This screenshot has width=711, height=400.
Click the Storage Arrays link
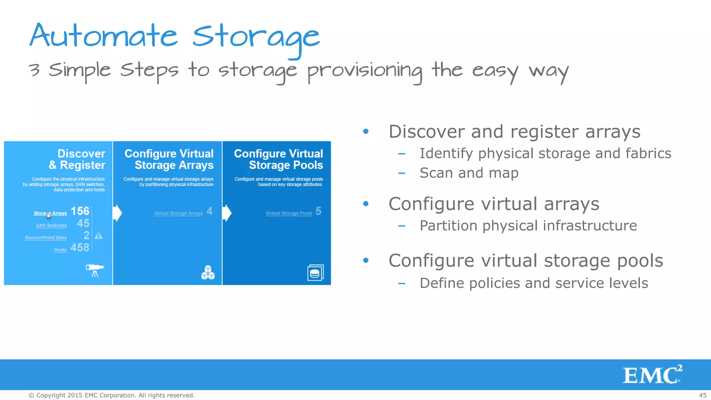click(x=50, y=213)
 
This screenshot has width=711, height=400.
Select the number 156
click(x=80, y=211)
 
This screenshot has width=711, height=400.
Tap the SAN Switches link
click(x=51, y=225)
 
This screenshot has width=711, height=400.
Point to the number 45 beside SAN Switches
click(x=83, y=223)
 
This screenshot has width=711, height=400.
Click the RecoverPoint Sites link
click(x=46, y=237)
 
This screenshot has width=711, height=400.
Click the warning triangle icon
click(x=99, y=236)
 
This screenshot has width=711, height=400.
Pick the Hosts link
click(x=60, y=250)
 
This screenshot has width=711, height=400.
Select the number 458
click(x=80, y=248)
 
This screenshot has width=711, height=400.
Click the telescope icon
click(x=95, y=270)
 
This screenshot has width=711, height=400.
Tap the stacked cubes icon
click(x=208, y=273)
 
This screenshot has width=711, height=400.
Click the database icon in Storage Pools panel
click(x=315, y=273)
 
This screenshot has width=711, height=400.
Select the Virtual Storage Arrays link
click(x=178, y=213)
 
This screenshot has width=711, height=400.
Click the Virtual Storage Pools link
click(x=289, y=213)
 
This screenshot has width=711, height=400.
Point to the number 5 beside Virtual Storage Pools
click(x=318, y=211)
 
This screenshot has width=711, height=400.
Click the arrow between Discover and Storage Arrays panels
click(x=118, y=213)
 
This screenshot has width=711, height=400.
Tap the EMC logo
click(x=652, y=374)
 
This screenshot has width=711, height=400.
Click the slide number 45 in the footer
click(x=703, y=395)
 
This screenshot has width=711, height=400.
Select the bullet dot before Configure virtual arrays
click(x=366, y=203)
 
